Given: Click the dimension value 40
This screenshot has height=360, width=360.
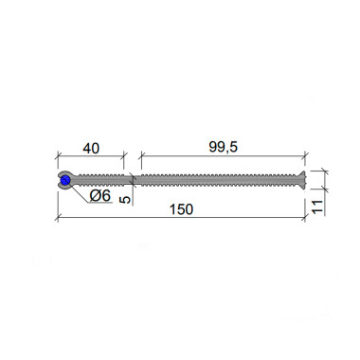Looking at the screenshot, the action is click(91, 148).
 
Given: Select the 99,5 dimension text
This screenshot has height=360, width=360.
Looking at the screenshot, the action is click(224, 147).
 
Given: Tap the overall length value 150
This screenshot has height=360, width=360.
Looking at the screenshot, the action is click(181, 209).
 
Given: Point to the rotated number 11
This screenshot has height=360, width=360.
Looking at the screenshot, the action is click(317, 207).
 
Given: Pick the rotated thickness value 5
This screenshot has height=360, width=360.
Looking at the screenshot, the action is click(125, 200).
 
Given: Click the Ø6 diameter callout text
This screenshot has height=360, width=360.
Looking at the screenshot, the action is click(100, 196).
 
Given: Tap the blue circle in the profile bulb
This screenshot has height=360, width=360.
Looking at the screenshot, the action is click(65, 181).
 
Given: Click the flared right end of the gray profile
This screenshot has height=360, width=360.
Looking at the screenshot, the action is click(301, 180).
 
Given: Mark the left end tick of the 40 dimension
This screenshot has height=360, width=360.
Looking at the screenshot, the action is click(58, 155).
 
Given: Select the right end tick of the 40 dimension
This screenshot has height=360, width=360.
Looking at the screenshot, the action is click(124, 155).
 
